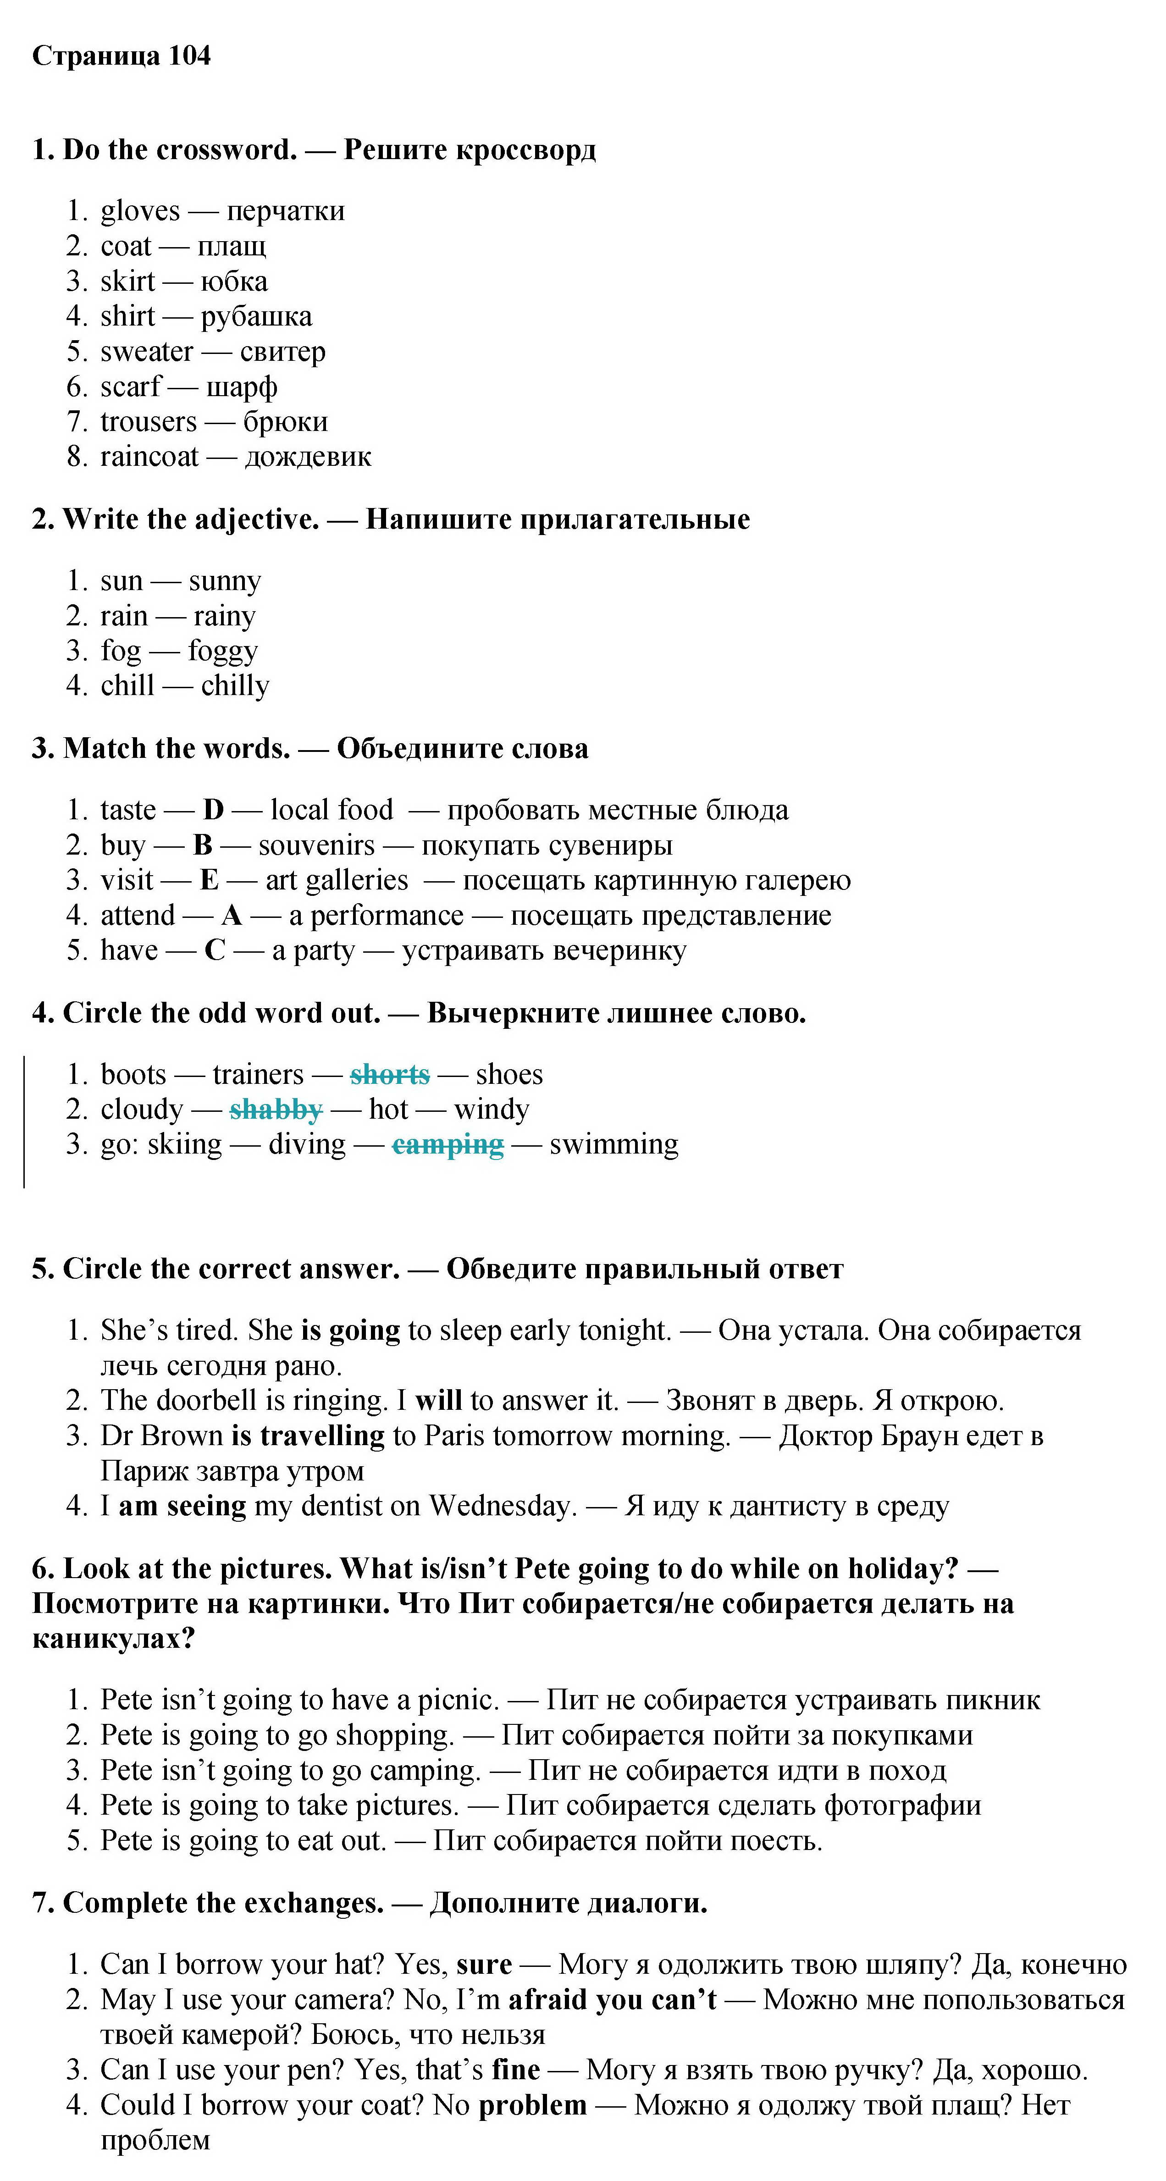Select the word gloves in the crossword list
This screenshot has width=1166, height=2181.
click(x=140, y=211)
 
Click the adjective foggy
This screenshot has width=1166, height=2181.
click(x=223, y=651)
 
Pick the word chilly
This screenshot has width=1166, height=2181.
click(x=235, y=686)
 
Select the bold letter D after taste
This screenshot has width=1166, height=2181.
click(x=213, y=810)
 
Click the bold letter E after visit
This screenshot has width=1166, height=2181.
click(x=209, y=881)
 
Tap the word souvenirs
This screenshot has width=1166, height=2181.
click(x=316, y=845)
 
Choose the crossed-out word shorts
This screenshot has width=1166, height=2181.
click(x=390, y=1074)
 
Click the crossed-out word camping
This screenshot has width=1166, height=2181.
click(x=447, y=1145)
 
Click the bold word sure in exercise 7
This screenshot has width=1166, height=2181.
click(x=484, y=1964)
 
